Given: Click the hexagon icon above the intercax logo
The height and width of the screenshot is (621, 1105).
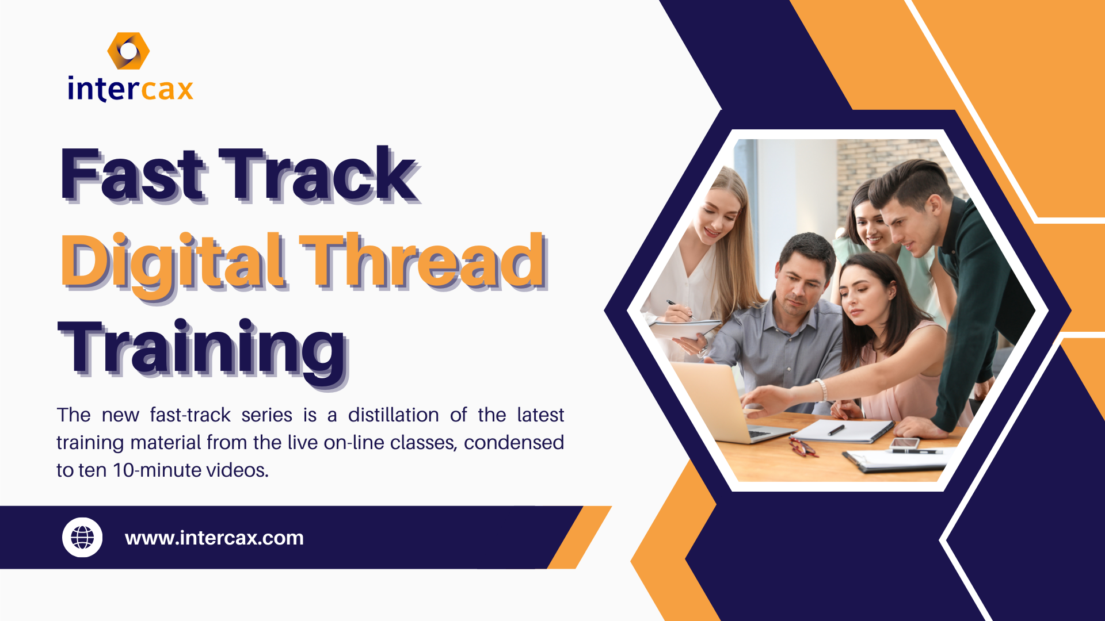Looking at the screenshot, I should coord(128,51).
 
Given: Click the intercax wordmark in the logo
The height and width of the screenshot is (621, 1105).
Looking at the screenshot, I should coord(131,90).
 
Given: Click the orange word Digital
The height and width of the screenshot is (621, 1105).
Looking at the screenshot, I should coord(173,263).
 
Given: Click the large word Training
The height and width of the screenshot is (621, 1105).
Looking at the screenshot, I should coord(203,350).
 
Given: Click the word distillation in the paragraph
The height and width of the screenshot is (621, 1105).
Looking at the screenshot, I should coord(393,415).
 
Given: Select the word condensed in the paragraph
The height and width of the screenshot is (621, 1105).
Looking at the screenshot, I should coord(513,443).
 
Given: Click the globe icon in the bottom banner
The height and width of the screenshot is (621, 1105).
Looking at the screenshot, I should coord(82,538).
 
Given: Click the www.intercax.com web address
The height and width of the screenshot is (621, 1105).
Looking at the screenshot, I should coord(214,538).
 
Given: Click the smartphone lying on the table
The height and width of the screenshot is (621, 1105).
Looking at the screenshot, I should coord(904,443).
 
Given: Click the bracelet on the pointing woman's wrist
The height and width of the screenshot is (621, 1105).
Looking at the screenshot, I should coord(821,389).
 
